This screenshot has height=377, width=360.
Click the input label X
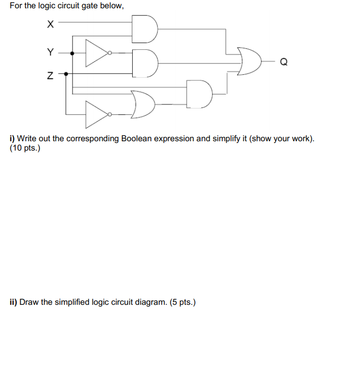pos(50,23)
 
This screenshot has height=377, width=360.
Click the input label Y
pos(50,51)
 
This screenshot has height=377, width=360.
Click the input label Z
pos(50,76)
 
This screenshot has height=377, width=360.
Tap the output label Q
pos(283,63)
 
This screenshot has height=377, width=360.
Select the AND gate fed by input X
pos(145,29)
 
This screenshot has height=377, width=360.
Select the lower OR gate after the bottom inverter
pos(143,104)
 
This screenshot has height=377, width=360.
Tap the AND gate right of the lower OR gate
pos(200,94)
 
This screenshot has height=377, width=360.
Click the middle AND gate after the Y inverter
pos(145,63)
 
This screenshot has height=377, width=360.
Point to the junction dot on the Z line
pos(65,74)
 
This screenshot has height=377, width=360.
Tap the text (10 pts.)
pos(24,149)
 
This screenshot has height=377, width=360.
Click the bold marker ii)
pos(13,302)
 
